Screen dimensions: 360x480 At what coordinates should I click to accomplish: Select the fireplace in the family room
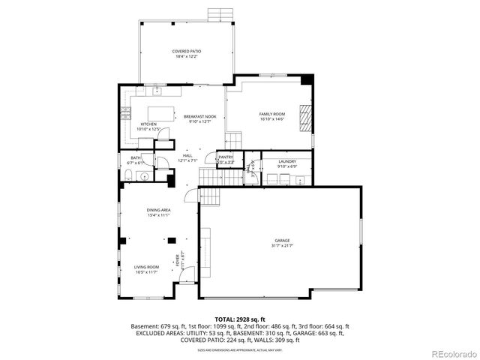(304, 118)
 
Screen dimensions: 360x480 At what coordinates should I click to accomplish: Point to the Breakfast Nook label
(200, 118)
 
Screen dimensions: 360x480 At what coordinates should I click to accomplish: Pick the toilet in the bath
(128, 176)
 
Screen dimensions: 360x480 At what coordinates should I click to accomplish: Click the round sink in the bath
(144, 176)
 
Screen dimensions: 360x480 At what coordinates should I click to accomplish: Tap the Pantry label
(226, 158)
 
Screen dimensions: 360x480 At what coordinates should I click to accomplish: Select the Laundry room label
(286, 163)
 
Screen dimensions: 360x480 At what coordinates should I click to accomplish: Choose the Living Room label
(146, 268)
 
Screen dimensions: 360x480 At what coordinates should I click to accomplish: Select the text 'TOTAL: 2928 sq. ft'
(239, 319)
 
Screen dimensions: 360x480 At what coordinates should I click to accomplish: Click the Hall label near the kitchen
(187, 157)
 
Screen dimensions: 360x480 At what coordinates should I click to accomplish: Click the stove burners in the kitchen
(124, 114)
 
